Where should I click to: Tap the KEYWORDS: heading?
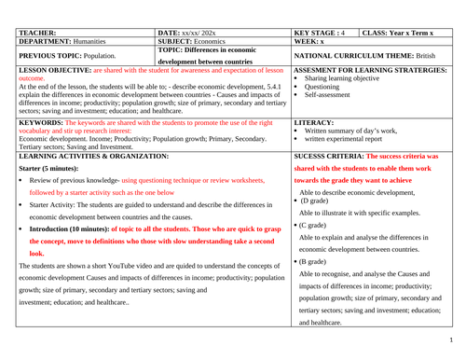39,122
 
